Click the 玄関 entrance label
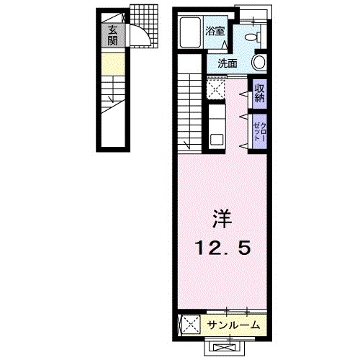click(x=113, y=35)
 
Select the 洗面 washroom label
click(x=228, y=63)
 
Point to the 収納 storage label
click(x=258, y=93)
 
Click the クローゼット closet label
click(x=258, y=132)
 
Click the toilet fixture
click(x=253, y=36)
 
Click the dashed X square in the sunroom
click(x=190, y=325)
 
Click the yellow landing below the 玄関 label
click(x=113, y=64)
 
